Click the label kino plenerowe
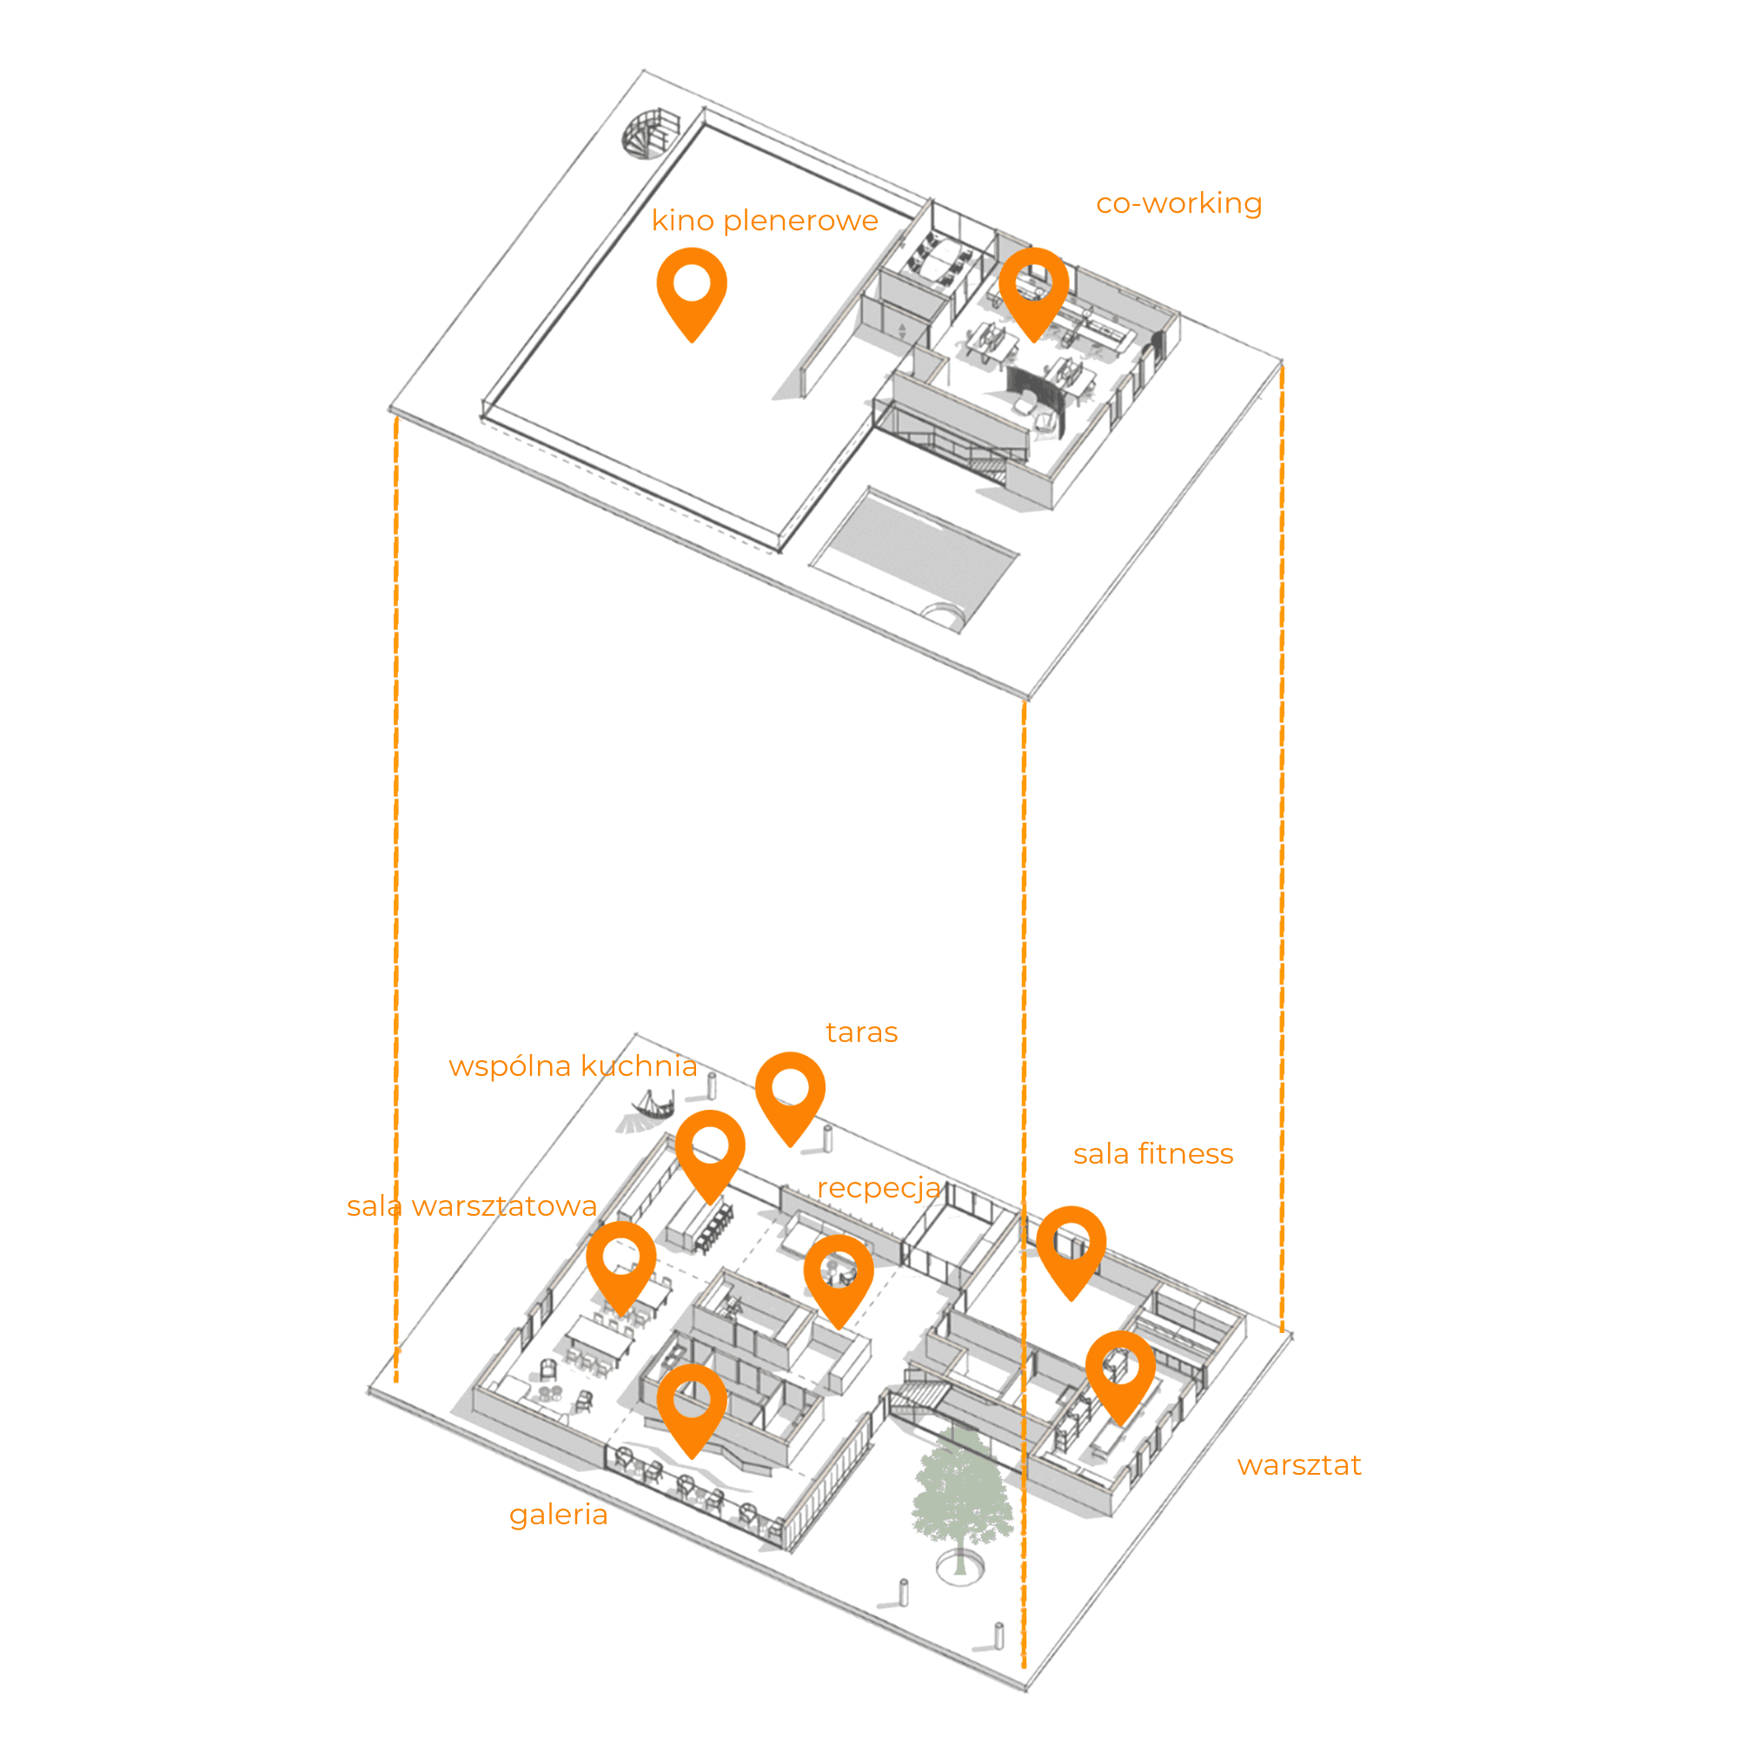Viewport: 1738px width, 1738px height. coord(764,221)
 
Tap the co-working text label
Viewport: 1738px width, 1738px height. coord(1178,203)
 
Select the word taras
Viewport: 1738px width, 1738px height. coord(861,1032)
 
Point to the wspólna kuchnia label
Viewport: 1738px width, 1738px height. coord(573,1066)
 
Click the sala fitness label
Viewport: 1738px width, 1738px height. coord(1152,1154)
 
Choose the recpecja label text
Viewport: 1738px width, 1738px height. coord(878,1188)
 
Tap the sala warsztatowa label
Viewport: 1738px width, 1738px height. coord(471,1206)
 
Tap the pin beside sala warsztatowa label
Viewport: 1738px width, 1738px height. coord(620,1263)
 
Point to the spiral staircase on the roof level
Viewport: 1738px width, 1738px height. coord(646,135)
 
